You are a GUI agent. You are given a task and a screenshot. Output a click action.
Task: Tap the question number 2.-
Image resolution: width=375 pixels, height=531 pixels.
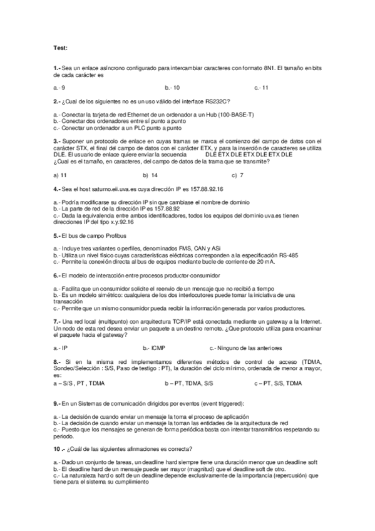(x=58, y=101)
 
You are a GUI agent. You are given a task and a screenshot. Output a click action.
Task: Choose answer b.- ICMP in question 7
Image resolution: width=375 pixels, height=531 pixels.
(x=153, y=348)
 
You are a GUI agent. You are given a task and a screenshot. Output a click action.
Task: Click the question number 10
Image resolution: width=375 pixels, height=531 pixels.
(x=58, y=448)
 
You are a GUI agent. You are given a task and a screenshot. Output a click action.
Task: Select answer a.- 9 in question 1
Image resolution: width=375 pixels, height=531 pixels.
(x=60, y=88)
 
